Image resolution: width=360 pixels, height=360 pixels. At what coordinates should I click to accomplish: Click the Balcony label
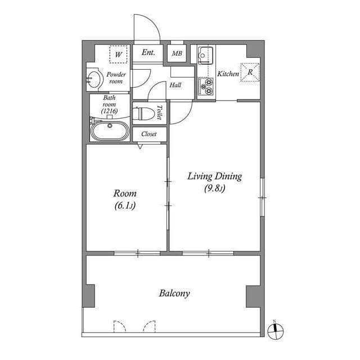tap(174, 293)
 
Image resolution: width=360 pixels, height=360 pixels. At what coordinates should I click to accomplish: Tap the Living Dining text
tap(214, 177)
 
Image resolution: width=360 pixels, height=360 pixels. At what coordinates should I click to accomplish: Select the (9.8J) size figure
tap(214, 189)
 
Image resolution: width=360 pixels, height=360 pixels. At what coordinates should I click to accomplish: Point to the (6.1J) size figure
tap(124, 206)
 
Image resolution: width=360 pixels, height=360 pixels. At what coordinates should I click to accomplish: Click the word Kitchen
tap(228, 74)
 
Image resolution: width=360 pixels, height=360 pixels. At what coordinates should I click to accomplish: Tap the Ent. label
tap(148, 53)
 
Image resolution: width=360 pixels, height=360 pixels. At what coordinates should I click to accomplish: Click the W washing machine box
tap(118, 55)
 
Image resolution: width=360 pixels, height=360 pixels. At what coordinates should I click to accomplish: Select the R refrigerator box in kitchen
tap(249, 72)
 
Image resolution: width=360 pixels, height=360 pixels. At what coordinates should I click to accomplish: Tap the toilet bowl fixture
tap(145, 113)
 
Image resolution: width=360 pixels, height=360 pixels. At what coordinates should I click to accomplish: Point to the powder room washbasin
tap(94, 79)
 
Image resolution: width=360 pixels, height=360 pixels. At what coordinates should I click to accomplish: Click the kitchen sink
tap(205, 55)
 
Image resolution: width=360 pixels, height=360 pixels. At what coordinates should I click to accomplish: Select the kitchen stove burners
tap(205, 88)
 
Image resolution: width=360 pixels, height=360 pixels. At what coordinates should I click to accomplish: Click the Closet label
tap(149, 134)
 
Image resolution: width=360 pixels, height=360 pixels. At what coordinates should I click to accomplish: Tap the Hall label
tap(175, 85)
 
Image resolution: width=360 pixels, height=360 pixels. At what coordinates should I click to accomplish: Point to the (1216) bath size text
tap(109, 111)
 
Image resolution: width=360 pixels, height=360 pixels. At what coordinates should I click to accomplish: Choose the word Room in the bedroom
tap(124, 193)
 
